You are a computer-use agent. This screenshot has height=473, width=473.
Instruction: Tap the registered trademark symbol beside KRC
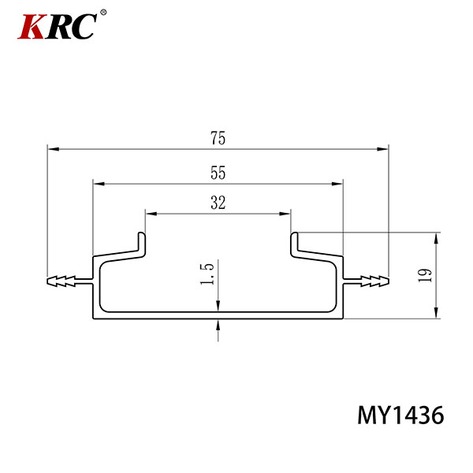pos(103,12)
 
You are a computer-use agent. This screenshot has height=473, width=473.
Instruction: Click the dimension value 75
pos(218,138)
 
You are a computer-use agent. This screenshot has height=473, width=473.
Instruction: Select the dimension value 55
pos(218,173)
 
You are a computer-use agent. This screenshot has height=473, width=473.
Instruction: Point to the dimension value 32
pos(218,203)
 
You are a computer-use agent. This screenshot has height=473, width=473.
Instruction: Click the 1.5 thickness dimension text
pos(207,274)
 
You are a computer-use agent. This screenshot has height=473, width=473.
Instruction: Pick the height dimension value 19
pos(425,275)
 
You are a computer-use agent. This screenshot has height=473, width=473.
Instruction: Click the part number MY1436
pos(400,415)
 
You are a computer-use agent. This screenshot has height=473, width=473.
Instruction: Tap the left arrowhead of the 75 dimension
pos(54,149)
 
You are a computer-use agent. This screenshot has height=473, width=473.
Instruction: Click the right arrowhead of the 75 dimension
pos(382,149)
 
